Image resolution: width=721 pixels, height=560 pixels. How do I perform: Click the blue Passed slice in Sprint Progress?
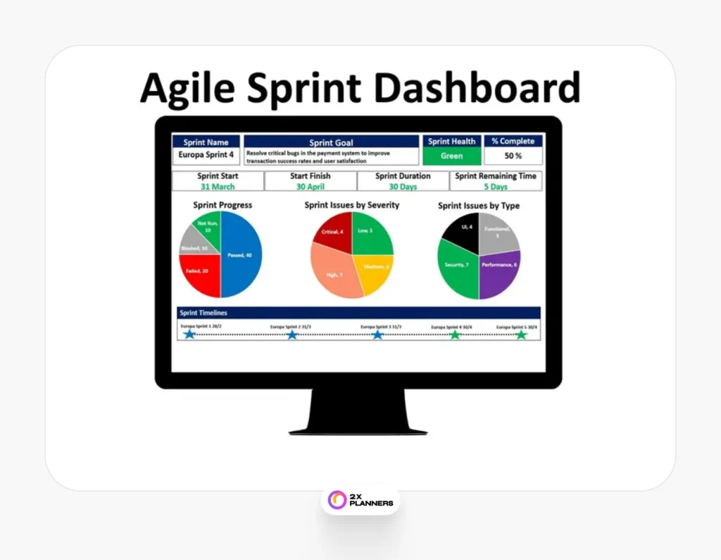pyautogui.click(x=242, y=255)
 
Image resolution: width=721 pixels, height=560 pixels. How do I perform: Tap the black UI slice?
pyautogui.click(x=462, y=229)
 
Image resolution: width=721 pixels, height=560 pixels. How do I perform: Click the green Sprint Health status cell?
pyautogui.click(x=452, y=156)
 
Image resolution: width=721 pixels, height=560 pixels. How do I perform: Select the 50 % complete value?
pyautogui.click(x=513, y=156)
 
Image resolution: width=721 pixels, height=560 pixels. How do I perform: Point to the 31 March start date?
pyautogui.click(x=218, y=187)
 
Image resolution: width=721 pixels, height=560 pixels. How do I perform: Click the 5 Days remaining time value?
pyautogui.click(x=496, y=187)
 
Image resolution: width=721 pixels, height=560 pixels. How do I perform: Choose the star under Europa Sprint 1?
pyautogui.click(x=189, y=335)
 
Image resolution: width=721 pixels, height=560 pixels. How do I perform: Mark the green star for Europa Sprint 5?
pyautogui.click(x=521, y=335)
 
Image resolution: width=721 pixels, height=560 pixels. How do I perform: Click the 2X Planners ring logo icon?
pyautogui.click(x=338, y=499)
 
